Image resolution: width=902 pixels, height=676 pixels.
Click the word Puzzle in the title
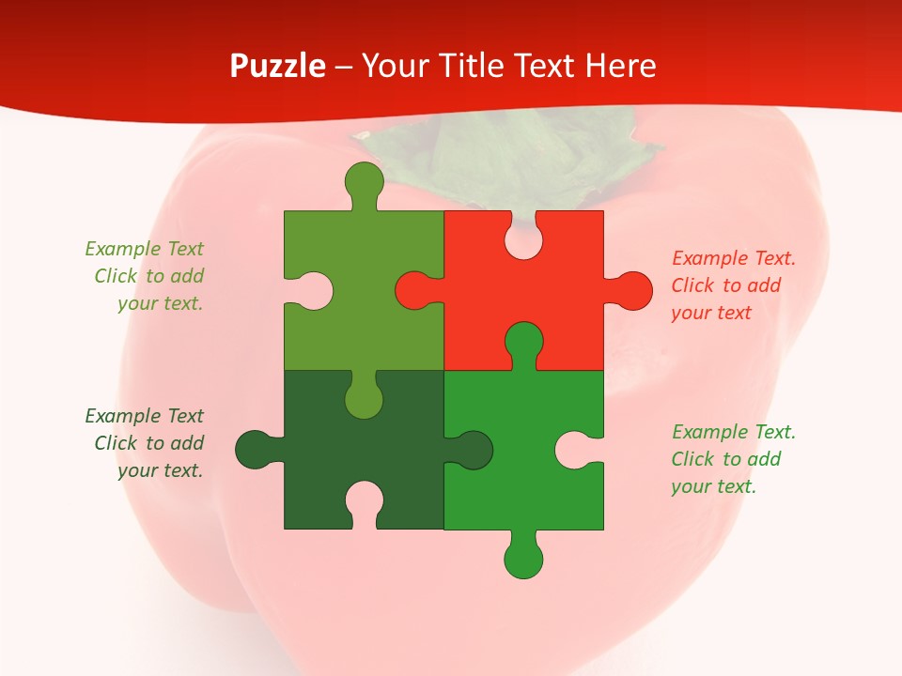click(278, 66)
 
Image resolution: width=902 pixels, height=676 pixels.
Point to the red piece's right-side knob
click(632, 290)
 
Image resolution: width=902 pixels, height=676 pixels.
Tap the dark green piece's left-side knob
click(255, 450)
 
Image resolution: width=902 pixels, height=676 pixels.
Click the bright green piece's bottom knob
click(523, 559)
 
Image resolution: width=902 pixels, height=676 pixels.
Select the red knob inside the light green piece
click(414, 290)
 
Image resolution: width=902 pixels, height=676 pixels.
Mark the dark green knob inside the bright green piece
click(473, 450)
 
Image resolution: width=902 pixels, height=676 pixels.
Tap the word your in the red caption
click(691, 313)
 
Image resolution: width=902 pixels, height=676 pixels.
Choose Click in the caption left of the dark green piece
click(116, 443)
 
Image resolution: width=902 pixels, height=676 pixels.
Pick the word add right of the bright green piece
click(765, 459)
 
